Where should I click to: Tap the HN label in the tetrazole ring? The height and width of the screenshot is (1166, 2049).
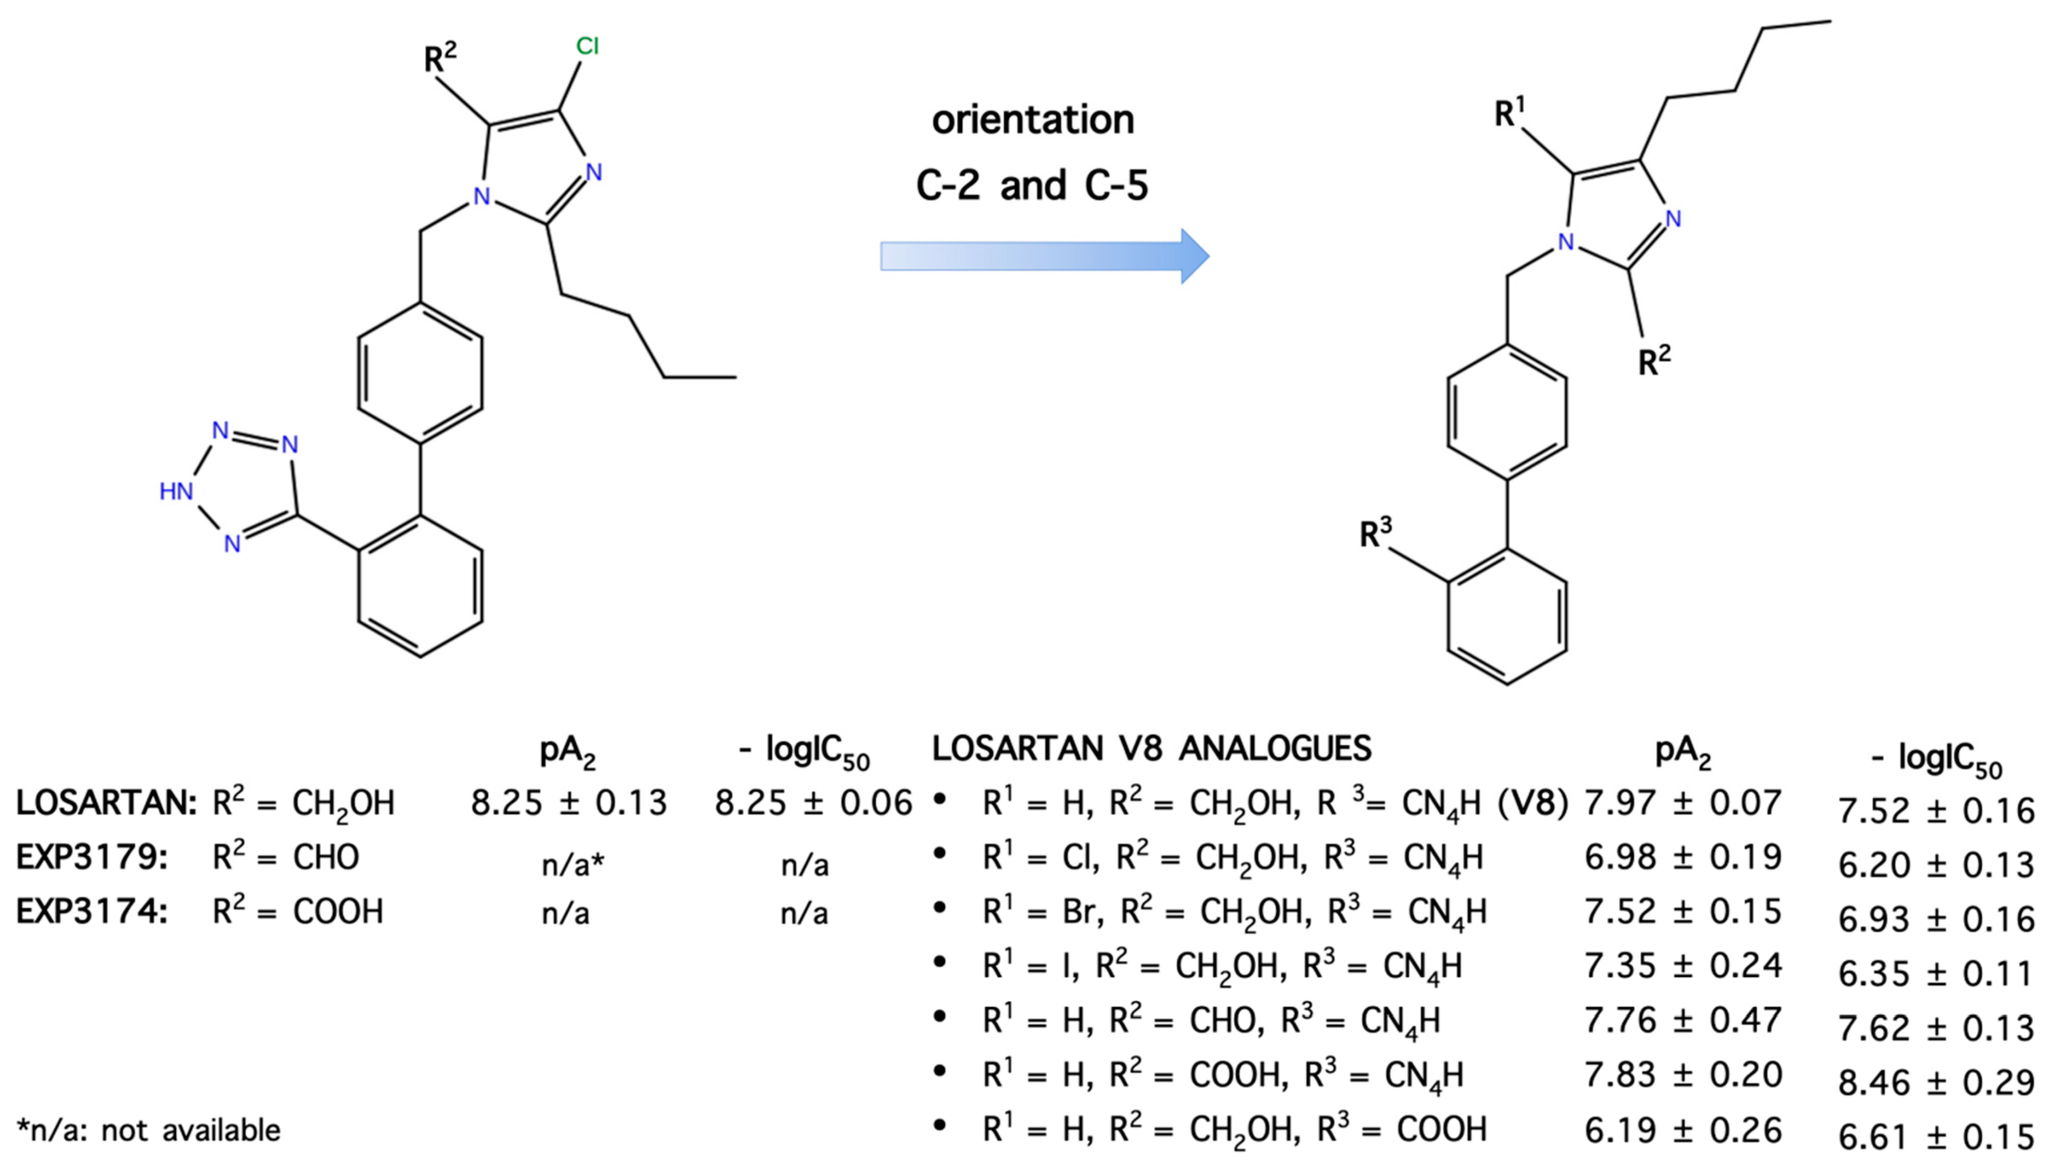click(x=176, y=491)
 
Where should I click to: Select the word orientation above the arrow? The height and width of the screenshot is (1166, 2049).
click(x=1033, y=120)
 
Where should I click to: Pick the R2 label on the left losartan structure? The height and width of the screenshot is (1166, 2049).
click(x=440, y=58)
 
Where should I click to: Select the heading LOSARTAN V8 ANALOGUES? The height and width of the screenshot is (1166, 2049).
click(x=1152, y=749)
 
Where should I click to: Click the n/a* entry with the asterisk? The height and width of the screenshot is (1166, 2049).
click(x=572, y=865)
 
